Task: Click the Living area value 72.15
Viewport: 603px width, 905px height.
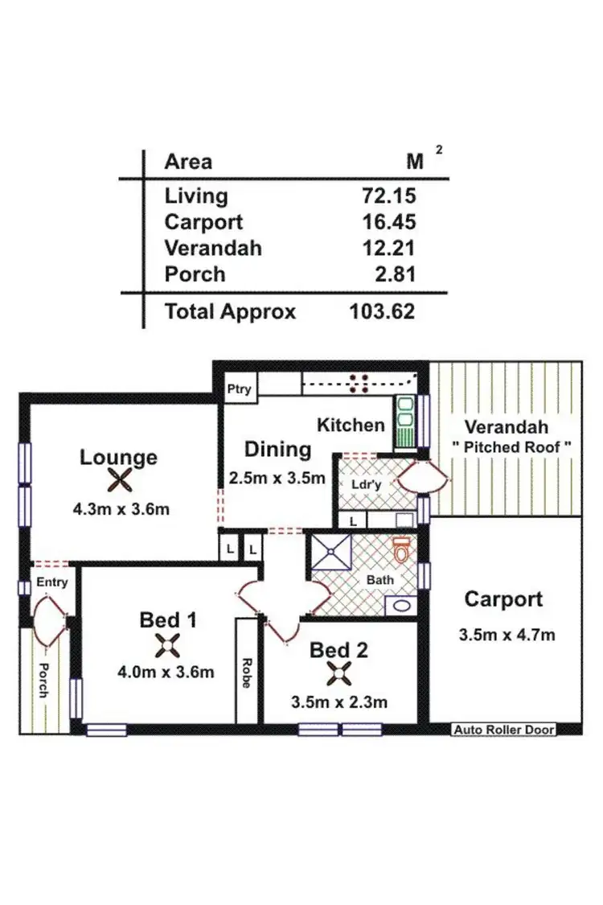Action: coord(388,195)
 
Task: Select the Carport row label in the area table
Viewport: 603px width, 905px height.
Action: coord(203,222)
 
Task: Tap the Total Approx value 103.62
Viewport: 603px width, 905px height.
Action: coord(382,311)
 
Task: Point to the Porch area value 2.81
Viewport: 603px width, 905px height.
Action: coord(394,274)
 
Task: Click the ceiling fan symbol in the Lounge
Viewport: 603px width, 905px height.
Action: coord(119,481)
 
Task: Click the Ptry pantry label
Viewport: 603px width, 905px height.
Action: coord(239,389)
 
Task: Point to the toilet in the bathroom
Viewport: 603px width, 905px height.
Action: coord(401,551)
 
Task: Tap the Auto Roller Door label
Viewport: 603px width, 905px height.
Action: coord(504,730)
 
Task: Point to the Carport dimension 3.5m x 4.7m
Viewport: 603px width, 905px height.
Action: coord(507,634)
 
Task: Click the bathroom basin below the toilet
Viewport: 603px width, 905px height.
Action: coord(400,605)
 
